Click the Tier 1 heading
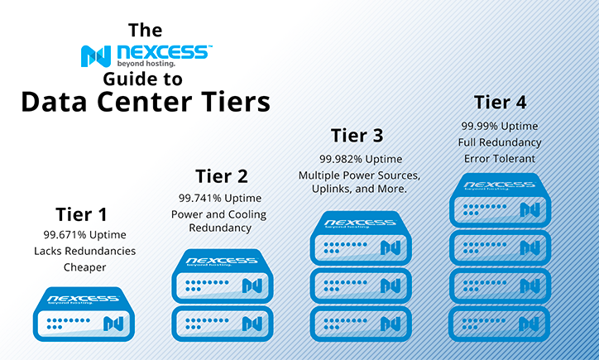coord(80,214)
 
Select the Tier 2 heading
coord(221,175)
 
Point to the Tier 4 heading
coord(500,103)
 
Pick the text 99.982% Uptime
coord(361,159)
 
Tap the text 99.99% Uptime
coord(500,126)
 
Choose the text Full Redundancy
coord(500,142)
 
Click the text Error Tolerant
coord(500,157)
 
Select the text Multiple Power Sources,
coord(361,175)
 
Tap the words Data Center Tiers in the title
coord(145,102)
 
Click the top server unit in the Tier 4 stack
coord(500,199)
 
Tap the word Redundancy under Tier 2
coord(219,228)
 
